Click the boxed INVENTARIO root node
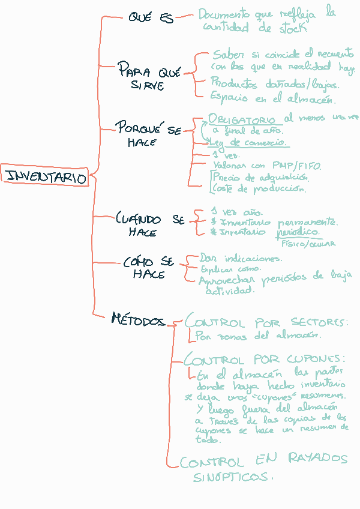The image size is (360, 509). tap(45, 177)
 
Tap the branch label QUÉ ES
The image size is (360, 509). tap(151, 18)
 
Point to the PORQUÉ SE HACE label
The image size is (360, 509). tap(147, 135)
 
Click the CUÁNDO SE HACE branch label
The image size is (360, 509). tap(149, 226)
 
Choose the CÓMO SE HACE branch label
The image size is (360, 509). tap(148, 268)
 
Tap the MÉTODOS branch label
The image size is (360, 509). tap(137, 321)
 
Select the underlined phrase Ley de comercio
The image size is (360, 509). tap(248, 143)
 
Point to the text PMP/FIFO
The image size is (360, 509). tap(290, 164)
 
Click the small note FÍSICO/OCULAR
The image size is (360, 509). tap(308, 244)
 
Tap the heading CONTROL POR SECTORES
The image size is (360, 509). tap(267, 323)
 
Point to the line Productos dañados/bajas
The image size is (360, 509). tap(275, 84)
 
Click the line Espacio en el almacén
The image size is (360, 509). tap(273, 98)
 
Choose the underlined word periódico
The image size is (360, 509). tap(298, 232)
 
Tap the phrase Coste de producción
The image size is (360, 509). tap(259, 188)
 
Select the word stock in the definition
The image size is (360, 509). tap(291, 27)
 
